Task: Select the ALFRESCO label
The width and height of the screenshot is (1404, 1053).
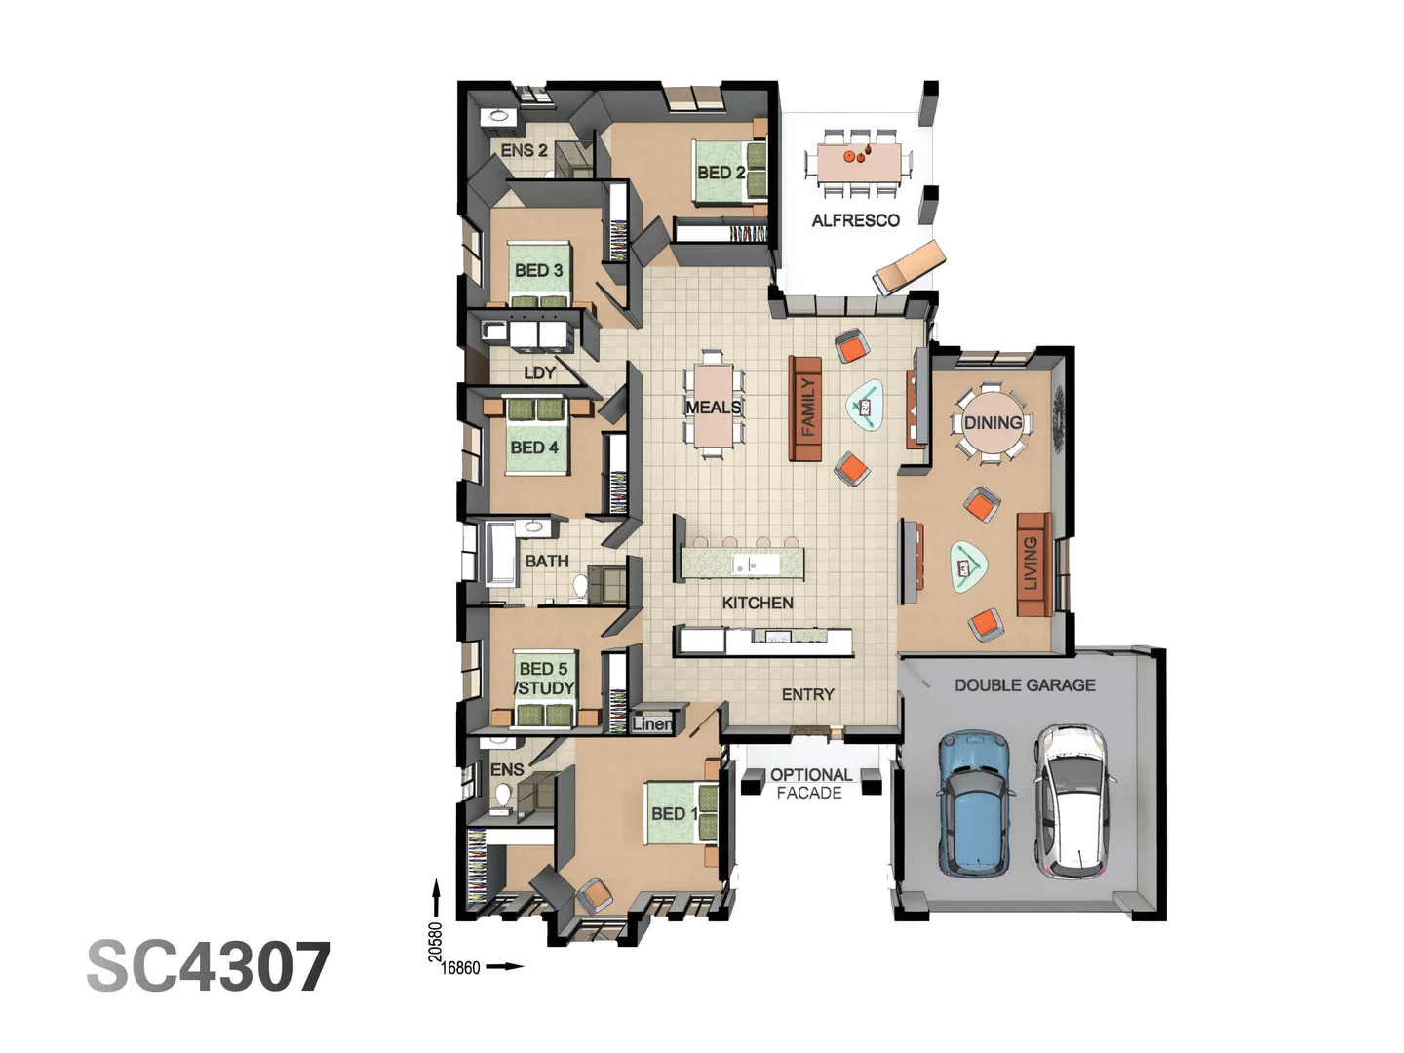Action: (x=855, y=220)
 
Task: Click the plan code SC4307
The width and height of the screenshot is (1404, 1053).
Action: (x=209, y=967)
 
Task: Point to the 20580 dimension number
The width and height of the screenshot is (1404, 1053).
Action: (x=436, y=942)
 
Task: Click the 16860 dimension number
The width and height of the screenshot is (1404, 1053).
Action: (x=460, y=968)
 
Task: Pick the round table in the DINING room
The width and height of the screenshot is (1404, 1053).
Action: (x=992, y=422)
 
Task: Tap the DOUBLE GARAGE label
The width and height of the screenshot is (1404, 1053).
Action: (x=1025, y=685)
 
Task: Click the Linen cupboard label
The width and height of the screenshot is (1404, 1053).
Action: (x=651, y=723)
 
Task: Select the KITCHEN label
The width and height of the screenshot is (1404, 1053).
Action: (x=758, y=603)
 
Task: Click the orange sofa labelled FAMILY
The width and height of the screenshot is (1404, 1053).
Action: (x=805, y=408)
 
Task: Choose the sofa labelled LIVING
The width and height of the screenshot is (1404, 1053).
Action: (x=1033, y=564)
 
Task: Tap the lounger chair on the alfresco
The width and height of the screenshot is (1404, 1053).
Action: (x=909, y=265)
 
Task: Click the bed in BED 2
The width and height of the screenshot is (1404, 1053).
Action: (x=727, y=172)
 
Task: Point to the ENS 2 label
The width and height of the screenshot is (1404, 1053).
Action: (x=524, y=150)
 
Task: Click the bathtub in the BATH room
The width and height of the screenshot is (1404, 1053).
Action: (x=500, y=553)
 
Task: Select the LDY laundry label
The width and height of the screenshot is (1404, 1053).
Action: (x=539, y=372)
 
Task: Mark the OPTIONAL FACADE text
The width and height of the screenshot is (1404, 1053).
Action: (x=810, y=784)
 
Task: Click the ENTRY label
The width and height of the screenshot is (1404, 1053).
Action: (x=807, y=694)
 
